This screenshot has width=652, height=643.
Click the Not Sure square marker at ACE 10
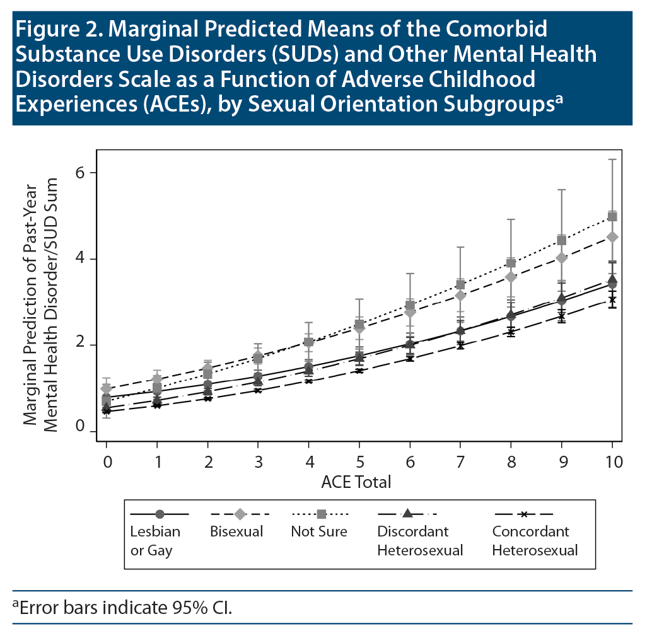pyautogui.click(x=612, y=217)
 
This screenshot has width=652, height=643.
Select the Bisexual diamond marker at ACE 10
pyautogui.click(x=612, y=237)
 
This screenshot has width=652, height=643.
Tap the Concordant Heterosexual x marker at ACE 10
pyautogui.click(x=612, y=299)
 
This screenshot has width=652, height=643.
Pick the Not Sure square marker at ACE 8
pyautogui.click(x=511, y=263)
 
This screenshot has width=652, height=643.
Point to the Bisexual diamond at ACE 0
pyautogui.click(x=107, y=389)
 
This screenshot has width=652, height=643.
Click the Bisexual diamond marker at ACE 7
pyautogui.click(x=461, y=295)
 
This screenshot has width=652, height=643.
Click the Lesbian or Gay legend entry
pyautogui.click(x=155, y=540)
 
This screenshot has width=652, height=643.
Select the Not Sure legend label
pyautogui.click(x=318, y=531)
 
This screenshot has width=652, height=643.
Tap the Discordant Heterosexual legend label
pyautogui.click(x=420, y=540)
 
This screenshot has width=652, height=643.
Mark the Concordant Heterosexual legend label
pyautogui.click(x=535, y=540)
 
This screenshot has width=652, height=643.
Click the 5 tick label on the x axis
pyautogui.click(x=359, y=462)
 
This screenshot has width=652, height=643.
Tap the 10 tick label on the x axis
pyautogui.click(x=612, y=462)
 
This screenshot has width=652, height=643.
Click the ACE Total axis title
pyautogui.click(x=356, y=482)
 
